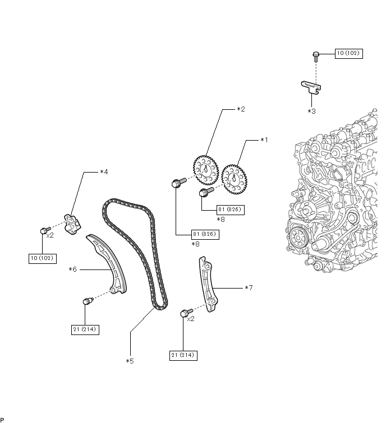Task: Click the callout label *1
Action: (264, 140)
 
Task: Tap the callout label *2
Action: (241, 109)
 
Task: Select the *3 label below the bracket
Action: (311, 111)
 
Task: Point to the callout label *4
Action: (104, 172)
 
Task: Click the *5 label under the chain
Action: (130, 361)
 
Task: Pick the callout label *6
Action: (72, 269)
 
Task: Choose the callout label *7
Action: (249, 288)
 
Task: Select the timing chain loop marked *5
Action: (135, 252)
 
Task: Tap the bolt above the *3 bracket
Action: (316, 55)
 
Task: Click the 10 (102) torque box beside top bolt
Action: (348, 54)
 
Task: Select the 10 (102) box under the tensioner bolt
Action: (43, 258)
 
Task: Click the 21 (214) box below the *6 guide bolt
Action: (85, 330)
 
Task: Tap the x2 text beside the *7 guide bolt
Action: (190, 318)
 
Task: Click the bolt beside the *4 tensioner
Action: (44, 230)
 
